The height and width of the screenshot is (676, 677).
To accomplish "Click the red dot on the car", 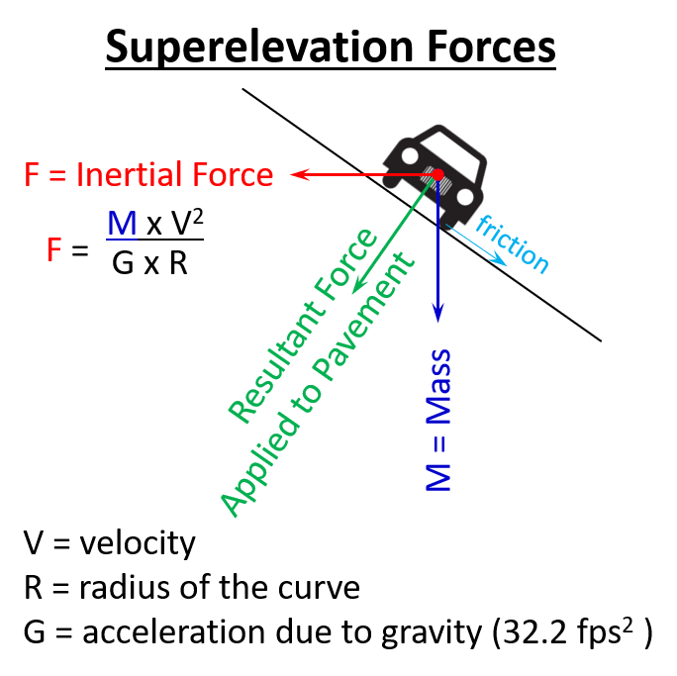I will click(437, 174).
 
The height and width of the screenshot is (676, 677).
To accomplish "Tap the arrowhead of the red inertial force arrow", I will click(296, 174).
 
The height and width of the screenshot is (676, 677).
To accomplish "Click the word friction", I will click(512, 242).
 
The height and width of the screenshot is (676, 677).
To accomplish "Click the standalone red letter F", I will click(54, 250).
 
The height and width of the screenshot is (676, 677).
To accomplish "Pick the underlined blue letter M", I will click(122, 224).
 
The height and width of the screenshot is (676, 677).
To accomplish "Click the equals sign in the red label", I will click(58, 175).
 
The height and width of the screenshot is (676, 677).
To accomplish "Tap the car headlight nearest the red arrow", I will click(408, 155).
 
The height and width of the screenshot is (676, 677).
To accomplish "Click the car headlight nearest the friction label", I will click(462, 197).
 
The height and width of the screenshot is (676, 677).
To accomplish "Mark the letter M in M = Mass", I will click(437, 476).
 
